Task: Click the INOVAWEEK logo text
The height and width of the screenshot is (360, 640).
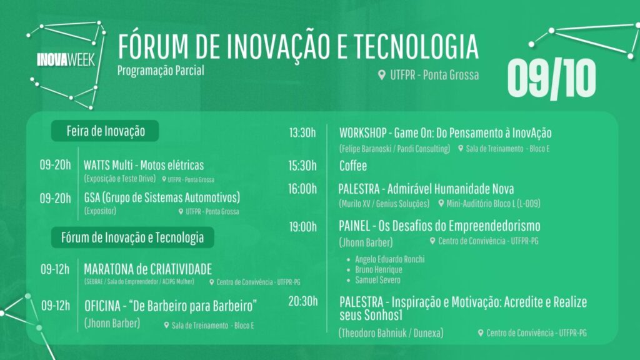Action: (x=66, y=60)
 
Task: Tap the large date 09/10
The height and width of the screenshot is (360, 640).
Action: (x=551, y=79)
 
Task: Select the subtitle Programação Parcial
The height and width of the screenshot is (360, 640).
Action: (x=161, y=71)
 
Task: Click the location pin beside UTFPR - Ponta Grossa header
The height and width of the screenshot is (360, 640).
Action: (x=382, y=75)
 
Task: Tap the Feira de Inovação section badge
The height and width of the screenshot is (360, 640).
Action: (x=105, y=131)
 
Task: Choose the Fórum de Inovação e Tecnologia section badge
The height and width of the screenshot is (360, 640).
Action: (x=132, y=237)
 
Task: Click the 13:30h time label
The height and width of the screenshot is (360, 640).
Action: (x=302, y=132)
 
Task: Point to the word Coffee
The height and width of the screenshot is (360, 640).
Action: (x=353, y=166)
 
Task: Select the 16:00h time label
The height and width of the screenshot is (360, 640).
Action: (x=302, y=189)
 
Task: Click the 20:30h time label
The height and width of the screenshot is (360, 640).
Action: (x=303, y=301)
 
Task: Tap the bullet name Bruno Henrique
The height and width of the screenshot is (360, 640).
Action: (x=379, y=269)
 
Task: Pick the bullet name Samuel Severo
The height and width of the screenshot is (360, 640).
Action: (x=377, y=280)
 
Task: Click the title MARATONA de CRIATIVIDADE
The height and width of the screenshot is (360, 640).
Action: (x=147, y=269)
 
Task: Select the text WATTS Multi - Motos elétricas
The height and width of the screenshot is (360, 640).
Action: (x=144, y=165)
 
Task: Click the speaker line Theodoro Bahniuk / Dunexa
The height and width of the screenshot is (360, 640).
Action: (x=391, y=333)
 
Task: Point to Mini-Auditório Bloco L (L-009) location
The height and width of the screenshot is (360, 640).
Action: (x=493, y=203)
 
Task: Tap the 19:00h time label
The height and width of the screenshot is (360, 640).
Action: (x=303, y=227)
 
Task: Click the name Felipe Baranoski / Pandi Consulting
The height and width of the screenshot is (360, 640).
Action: (x=395, y=149)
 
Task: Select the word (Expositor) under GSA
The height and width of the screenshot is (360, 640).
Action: (x=100, y=211)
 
